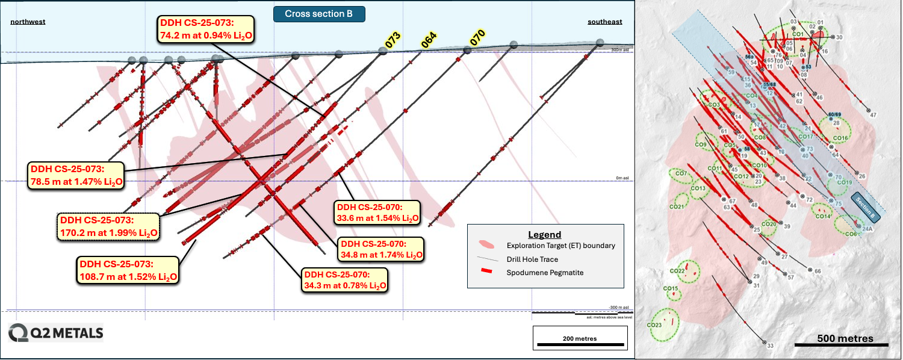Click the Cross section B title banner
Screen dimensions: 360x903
(x=319, y=14)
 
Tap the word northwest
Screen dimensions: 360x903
(x=28, y=22)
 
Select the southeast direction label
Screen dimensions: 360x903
(x=604, y=22)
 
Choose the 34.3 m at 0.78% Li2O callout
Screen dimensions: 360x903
(x=344, y=279)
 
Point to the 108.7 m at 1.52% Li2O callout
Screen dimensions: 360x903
(x=128, y=270)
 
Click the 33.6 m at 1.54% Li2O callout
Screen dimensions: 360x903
(x=377, y=211)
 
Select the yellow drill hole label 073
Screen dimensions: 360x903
(x=393, y=40)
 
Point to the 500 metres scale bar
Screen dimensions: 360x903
(x=841, y=344)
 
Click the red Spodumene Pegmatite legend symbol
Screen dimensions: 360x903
(x=488, y=272)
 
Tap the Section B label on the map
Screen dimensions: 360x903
(x=866, y=207)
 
